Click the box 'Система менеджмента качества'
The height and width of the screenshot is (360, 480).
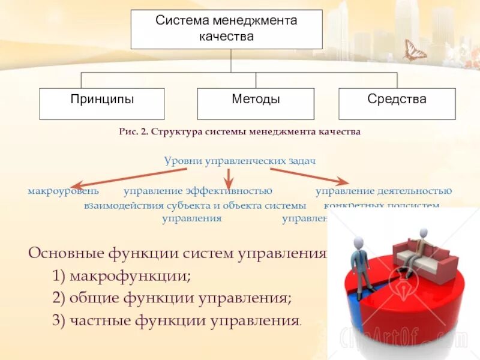[227, 29]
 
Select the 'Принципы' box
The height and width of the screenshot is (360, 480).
[102, 103]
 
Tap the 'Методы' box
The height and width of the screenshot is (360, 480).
[256, 103]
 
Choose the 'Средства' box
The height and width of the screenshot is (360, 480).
[397, 103]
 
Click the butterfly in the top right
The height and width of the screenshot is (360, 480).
[414, 51]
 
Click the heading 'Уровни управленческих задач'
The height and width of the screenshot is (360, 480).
[240, 161]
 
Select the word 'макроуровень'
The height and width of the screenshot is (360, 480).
[63, 191]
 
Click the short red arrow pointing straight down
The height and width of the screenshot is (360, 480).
[228, 178]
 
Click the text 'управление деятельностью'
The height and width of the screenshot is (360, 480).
[383, 191]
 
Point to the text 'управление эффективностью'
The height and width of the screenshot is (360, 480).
[198, 191]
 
